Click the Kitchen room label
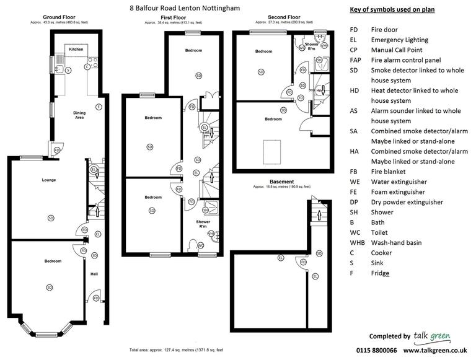76,48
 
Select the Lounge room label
50,180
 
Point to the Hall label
94,274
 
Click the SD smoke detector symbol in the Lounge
50,217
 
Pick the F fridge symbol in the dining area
99,108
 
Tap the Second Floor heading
284,17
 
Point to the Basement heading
281,182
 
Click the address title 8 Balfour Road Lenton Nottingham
184,8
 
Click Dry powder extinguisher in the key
407,202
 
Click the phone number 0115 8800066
377,350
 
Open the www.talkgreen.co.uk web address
436,350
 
